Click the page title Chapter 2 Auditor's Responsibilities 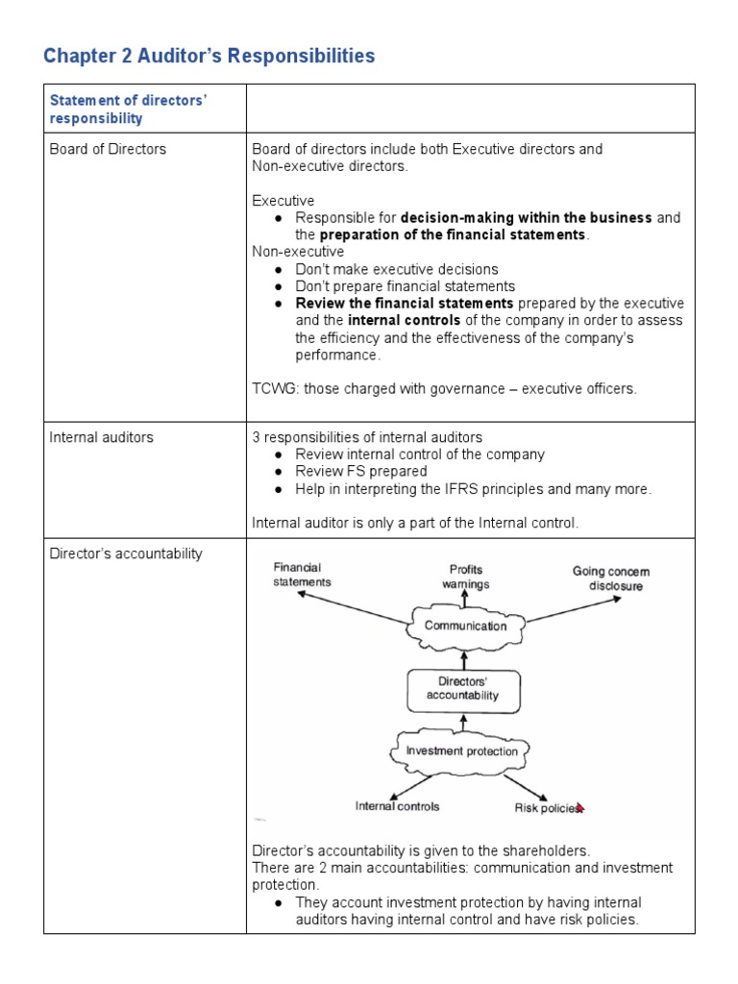tap(209, 57)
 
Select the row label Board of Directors tap(108, 149)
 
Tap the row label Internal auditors tap(101, 437)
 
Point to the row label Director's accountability tap(126, 553)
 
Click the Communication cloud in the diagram tap(465, 626)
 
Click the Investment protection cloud tap(461, 751)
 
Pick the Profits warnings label tap(466, 577)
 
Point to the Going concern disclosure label tap(611, 578)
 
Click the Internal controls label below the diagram tap(397, 806)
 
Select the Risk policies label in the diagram tap(546, 808)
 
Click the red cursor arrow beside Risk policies tap(579, 807)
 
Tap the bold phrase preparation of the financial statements tap(452, 235)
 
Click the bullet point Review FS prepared tap(360, 472)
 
